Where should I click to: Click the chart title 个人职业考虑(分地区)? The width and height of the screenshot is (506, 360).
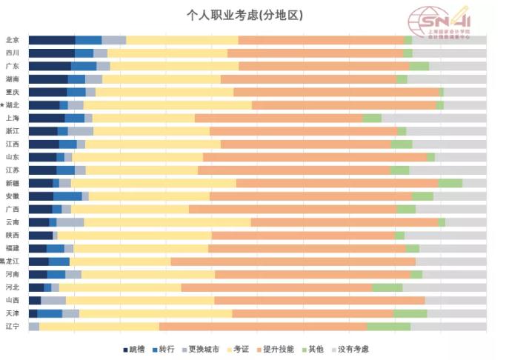(244, 15)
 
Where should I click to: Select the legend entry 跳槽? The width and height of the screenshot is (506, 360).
(133, 349)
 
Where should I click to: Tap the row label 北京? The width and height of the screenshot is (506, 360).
(13, 40)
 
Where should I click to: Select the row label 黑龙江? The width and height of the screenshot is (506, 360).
(10, 261)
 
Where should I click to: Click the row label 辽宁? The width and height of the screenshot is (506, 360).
(13, 327)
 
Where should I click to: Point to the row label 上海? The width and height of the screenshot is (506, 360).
(13, 118)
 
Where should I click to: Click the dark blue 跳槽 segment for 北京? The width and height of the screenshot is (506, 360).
(52, 40)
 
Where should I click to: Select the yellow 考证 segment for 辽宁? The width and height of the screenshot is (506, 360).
(99, 327)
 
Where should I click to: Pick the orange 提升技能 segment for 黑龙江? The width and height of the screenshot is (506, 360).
(293, 261)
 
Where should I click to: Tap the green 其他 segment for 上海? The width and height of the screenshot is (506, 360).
(372, 118)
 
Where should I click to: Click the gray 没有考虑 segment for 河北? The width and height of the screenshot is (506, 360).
(445, 287)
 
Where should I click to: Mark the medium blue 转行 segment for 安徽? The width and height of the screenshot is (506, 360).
(67, 196)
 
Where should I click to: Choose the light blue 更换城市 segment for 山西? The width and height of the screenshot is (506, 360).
(53, 301)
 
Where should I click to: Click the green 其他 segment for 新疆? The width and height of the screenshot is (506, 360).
(450, 183)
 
